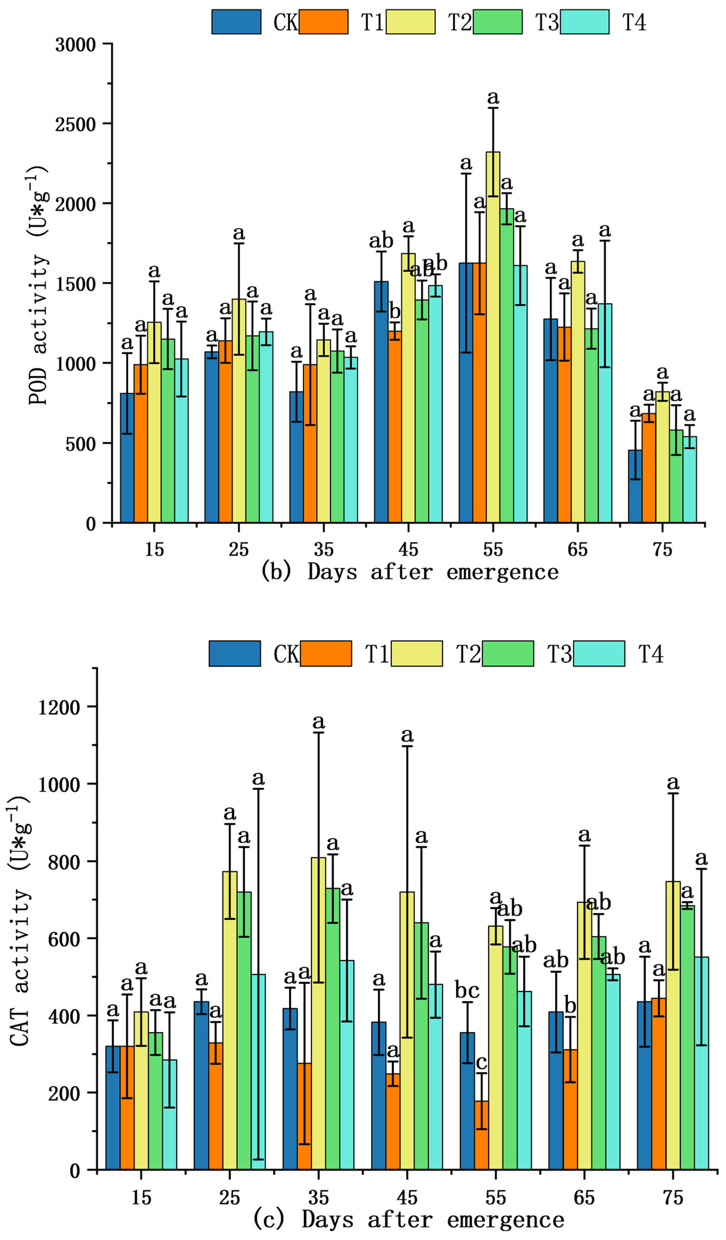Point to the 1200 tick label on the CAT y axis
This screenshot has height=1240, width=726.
[59, 708]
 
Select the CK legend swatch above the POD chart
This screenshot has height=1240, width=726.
[236, 22]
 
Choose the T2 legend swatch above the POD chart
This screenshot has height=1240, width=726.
[410, 22]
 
